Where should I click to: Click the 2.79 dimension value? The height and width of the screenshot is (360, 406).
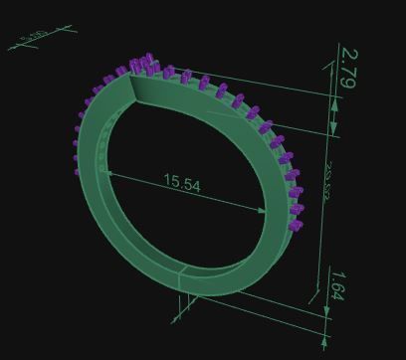(x=348, y=68)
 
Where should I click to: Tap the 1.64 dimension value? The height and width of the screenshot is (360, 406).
(x=338, y=285)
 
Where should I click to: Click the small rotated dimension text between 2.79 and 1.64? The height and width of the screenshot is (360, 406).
(x=325, y=184)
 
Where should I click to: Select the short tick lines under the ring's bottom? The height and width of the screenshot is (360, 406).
(x=183, y=300)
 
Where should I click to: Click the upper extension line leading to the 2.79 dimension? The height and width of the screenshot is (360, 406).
(x=259, y=80)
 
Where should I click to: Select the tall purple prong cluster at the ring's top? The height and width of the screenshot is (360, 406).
(x=141, y=66)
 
